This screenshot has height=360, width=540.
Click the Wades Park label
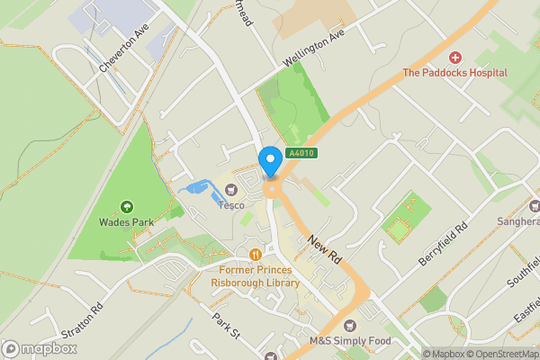(125, 222)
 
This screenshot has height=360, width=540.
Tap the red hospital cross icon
(454, 58)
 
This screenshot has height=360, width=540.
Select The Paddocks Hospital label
(454, 73)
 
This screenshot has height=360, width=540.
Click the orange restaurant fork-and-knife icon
(256, 254)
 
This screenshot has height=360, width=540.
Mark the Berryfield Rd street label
(445, 245)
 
